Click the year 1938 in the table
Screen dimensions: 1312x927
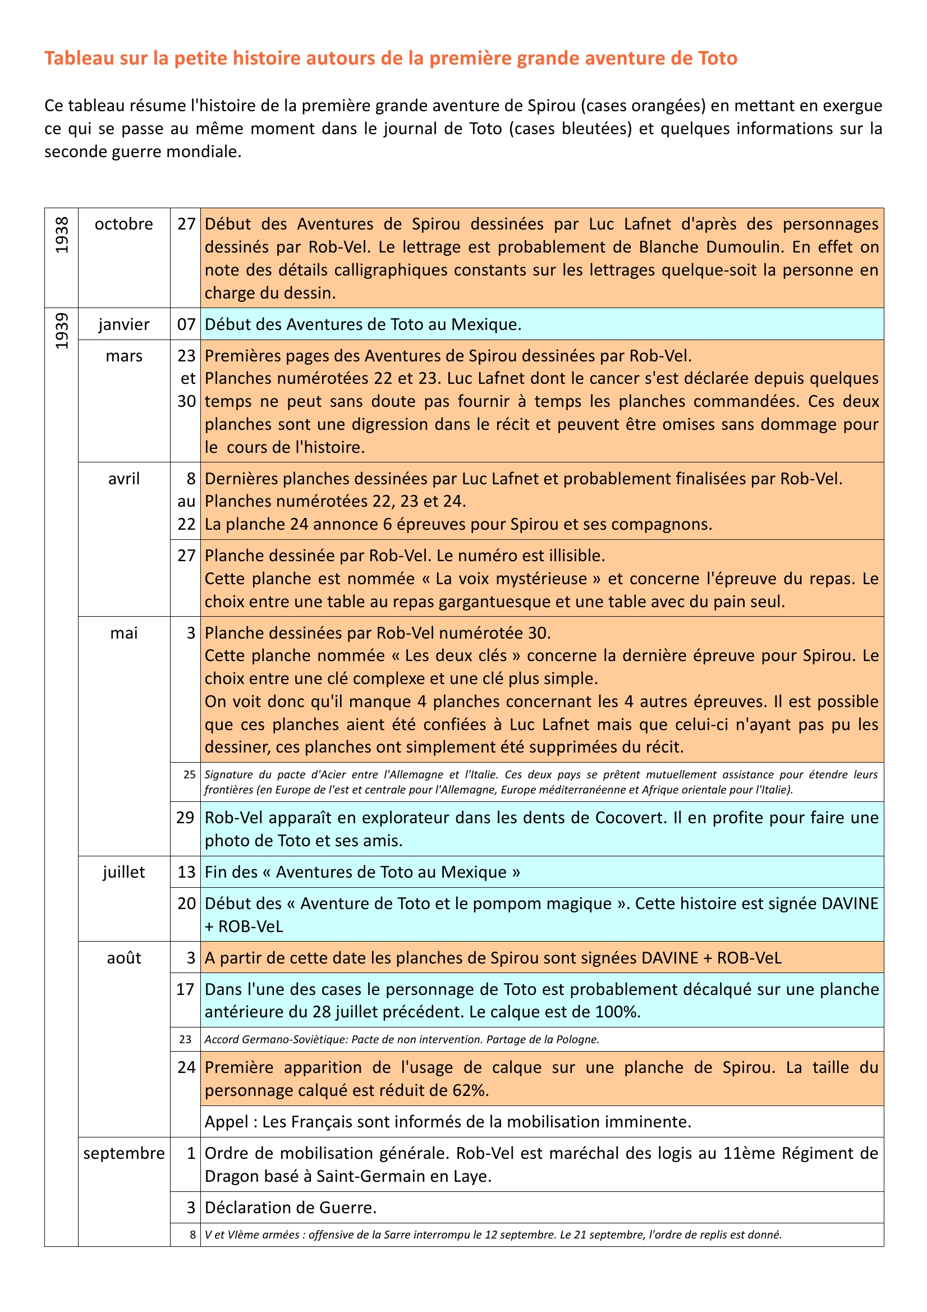[x=62, y=235]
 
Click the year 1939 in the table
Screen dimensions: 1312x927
[x=62, y=331]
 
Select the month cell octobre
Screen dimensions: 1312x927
[x=124, y=224]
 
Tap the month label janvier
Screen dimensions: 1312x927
[x=124, y=324]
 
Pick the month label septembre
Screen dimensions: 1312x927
[x=124, y=1153]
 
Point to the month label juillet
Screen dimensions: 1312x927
[x=124, y=872]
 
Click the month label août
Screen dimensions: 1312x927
[x=124, y=958]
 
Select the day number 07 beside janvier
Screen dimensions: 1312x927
[x=186, y=324]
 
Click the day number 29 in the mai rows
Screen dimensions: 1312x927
[x=185, y=818]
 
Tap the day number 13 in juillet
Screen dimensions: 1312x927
[x=186, y=872]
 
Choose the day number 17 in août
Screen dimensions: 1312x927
[x=185, y=989]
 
